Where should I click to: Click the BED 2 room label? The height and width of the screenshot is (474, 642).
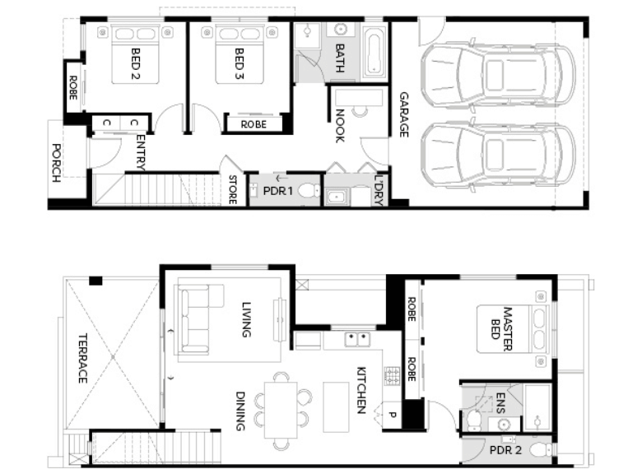(136, 63)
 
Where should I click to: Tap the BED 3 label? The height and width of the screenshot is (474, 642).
(240, 63)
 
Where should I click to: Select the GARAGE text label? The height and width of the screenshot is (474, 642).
(403, 114)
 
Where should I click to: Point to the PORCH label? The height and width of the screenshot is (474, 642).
(56, 163)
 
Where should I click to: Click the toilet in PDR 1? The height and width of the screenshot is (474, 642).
(309, 190)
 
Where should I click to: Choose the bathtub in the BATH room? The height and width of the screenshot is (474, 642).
(374, 53)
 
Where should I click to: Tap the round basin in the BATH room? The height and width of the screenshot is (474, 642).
(340, 30)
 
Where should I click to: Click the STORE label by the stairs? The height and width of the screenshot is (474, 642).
(233, 189)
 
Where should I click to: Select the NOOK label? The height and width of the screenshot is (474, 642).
(340, 126)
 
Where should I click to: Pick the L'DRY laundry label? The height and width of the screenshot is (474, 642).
(379, 190)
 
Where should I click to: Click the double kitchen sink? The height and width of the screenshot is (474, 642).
(357, 340)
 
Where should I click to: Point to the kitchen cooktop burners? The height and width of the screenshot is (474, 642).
(392, 376)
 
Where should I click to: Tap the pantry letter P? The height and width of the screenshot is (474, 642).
(392, 415)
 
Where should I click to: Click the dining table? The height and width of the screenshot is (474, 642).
(281, 410)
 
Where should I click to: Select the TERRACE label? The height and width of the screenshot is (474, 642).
(82, 358)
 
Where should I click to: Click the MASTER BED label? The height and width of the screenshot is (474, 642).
(501, 328)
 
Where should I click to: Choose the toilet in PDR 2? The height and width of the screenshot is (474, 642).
(541, 450)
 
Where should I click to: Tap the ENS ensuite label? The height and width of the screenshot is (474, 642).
(500, 402)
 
